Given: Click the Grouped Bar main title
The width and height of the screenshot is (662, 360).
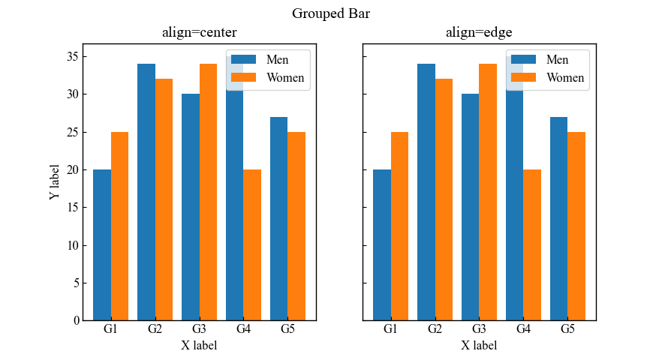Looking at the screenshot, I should pos(331,13).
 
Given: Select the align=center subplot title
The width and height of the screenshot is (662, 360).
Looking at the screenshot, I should pos(199,32).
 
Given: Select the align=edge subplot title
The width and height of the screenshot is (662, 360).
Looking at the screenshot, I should pos(479,32).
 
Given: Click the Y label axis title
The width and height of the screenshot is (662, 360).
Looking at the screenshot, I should pos(54,182).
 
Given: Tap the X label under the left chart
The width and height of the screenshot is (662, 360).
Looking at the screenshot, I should pos(199,345).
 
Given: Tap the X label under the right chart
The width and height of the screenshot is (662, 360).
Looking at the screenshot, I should pos(479,345).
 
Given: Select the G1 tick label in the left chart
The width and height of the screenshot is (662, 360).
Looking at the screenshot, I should pos(110,329).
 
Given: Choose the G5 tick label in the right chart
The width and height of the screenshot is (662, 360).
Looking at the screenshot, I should pos(567,329).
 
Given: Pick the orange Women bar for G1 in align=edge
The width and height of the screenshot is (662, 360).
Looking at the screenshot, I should pos(399,226).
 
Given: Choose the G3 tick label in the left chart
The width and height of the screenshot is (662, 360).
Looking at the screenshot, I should pos(199,329).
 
